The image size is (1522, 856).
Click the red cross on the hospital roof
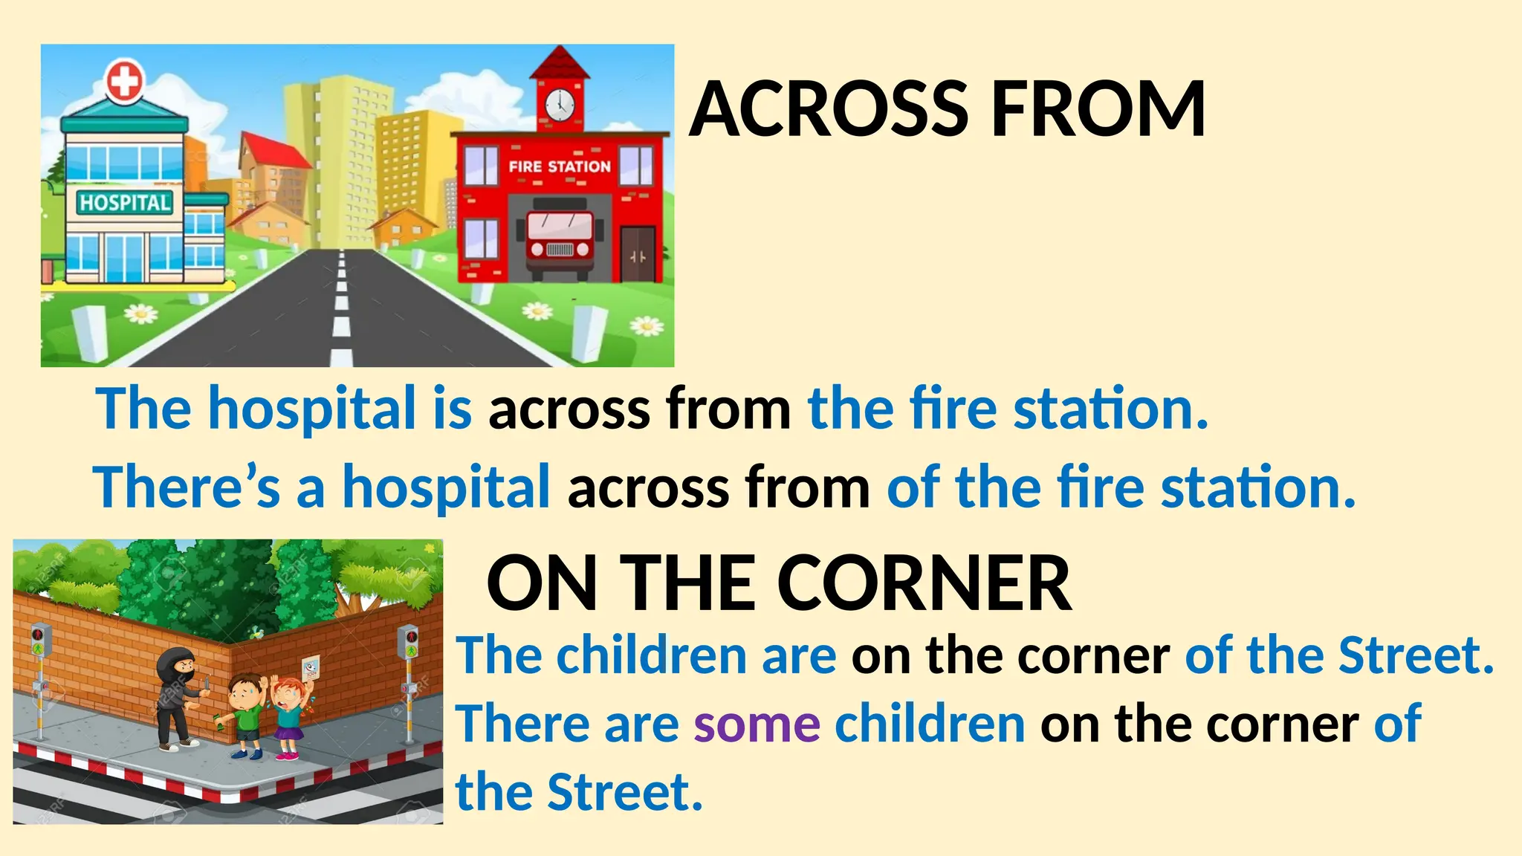point(124,81)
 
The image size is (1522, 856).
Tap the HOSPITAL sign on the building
point(125,202)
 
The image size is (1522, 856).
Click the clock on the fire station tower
point(560,104)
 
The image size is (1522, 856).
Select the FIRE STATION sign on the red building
point(560,166)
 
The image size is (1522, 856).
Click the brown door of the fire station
point(638,253)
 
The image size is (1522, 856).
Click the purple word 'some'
point(757,724)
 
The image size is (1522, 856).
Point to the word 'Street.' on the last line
point(624,792)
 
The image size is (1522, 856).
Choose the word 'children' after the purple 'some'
point(930,724)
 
